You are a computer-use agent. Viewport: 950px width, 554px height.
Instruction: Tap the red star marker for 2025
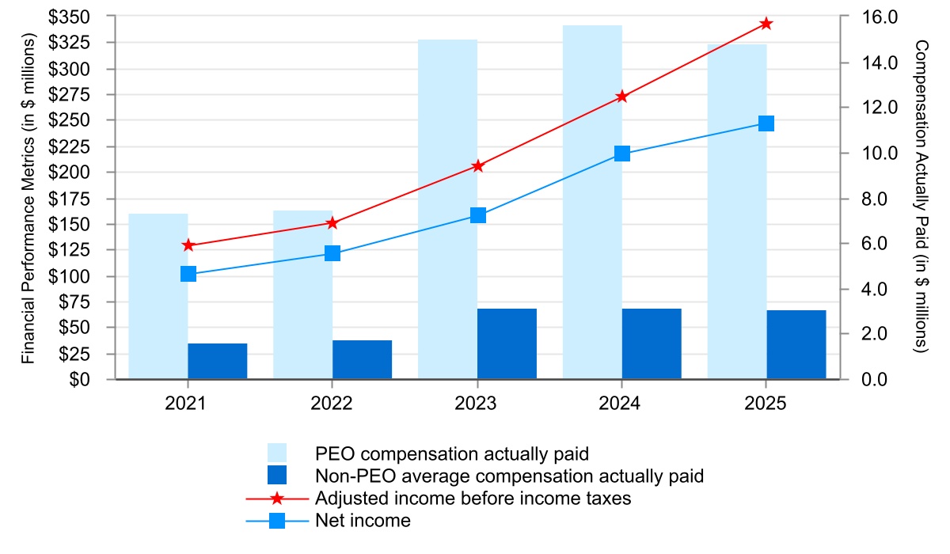(766, 24)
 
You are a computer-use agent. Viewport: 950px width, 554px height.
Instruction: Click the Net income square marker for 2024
(621, 154)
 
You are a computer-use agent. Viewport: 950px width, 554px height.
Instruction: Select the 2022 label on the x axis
(332, 404)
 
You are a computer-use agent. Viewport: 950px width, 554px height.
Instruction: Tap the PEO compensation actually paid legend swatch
(276, 453)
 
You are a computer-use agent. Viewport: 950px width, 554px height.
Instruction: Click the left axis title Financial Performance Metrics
(28, 198)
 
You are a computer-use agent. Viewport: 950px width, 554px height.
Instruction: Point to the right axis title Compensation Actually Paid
(921, 198)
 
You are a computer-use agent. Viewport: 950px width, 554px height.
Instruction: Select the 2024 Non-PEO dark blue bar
(652, 343)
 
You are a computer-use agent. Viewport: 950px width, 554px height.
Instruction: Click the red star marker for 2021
(188, 245)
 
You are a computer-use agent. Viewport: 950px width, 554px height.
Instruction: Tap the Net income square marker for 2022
(332, 253)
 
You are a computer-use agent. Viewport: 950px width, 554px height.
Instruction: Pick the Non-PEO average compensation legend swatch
(276, 476)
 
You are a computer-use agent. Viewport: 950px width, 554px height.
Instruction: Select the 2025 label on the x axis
(766, 404)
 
